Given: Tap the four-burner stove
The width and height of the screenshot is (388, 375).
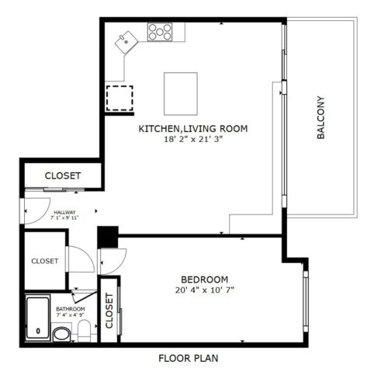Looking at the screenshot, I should tap(161, 32).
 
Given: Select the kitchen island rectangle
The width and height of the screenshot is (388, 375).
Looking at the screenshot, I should tap(180, 91).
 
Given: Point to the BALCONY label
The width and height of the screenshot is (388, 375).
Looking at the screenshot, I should tap(320, 118).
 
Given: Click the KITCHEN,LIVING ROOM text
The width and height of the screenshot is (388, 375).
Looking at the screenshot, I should tap(193, 128).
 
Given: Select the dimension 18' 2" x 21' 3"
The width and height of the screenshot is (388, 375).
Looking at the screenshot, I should tap(193, 141).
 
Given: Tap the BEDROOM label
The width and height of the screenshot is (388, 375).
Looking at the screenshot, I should tap(204, 280).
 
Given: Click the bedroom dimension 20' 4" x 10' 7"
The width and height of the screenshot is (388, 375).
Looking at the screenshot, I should tap(204, 292).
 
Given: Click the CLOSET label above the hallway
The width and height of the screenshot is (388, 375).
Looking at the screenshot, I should tap(62, 176).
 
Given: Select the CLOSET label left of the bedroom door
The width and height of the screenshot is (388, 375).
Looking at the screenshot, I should tap(45, 262).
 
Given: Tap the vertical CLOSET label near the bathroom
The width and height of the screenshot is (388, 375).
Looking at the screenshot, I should tap(109, 311).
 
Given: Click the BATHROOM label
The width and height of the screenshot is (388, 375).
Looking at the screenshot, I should tap(70, 310).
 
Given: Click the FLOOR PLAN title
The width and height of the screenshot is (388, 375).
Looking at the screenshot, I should tap(188, 359).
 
